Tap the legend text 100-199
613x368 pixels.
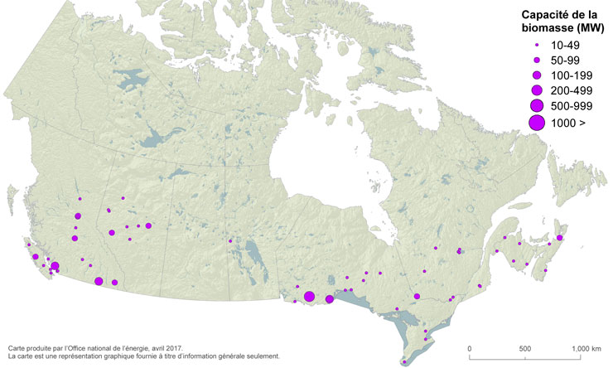(x=567, y=75)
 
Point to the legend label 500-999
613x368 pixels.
(x=567, y=105)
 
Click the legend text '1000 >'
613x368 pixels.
(x=565, y=123)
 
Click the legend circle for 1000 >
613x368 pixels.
(x=537, y=123)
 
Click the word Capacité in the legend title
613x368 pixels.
(x=543, y=15)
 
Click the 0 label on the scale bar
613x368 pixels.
(x=470, y=348)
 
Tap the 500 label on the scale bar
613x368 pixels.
(x=525, y=348)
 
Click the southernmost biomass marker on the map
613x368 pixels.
(x=404, y=361)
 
